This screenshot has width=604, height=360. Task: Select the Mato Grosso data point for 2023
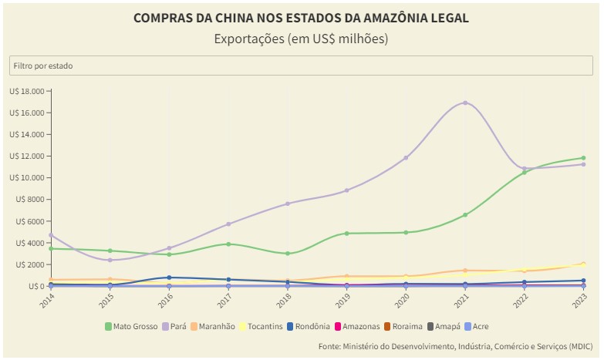[x=583, y=158]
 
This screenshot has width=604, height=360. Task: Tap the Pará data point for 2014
[x=51, y=235]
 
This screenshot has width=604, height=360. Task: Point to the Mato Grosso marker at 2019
[x=347, y=233]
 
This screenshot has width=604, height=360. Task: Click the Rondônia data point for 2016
[x=169, y=278]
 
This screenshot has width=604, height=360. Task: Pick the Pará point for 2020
[x=406, y=157]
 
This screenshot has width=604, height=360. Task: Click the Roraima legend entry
[x=404, y=326]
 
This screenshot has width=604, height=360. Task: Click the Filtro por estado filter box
[x=302, y=66]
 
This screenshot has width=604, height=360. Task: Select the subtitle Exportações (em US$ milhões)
[x=301, y=39]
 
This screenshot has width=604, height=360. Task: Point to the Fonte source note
[x=455, y=346]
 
